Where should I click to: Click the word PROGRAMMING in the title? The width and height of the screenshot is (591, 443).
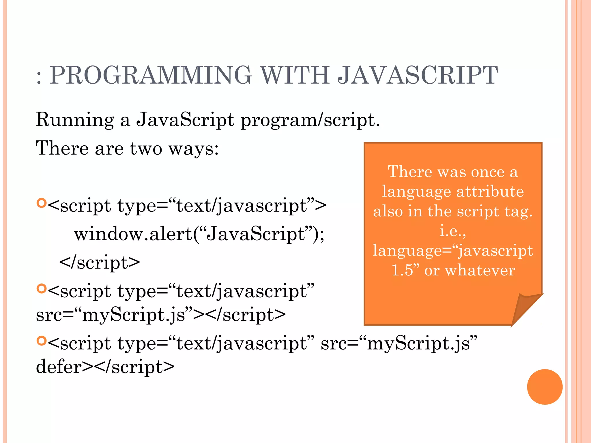151,75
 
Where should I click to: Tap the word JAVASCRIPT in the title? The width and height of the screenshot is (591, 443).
418,75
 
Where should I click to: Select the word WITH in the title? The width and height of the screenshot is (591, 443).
295,75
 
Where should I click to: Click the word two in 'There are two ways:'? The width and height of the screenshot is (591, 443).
146,149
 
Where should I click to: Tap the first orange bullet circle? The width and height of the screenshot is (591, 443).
42,203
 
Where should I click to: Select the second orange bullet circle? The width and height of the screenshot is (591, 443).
42,288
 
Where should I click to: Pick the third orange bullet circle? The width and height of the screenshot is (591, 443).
42,341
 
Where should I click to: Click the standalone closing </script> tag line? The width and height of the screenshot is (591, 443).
100,262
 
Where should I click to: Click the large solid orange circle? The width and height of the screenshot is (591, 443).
545,387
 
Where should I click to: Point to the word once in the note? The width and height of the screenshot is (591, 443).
488,172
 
